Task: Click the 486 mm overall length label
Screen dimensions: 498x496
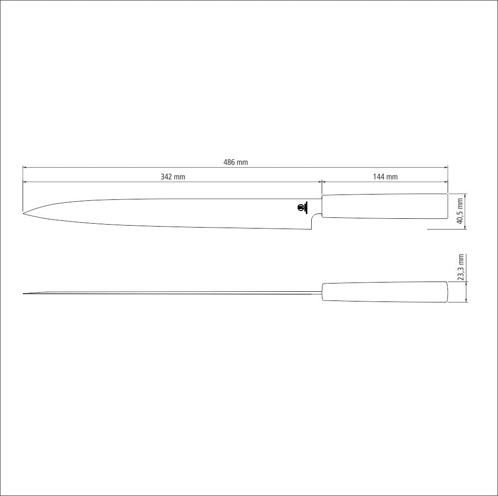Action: point(236,162)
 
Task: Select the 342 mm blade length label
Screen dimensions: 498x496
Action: point(173,177)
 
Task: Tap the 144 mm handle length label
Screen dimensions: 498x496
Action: point(385,177)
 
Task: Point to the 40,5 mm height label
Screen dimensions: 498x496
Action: point(460,211)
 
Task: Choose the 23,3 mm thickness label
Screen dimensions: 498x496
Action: point(461,267)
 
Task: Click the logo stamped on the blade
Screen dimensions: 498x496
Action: point(302,208)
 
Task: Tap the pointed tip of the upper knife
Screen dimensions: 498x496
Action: point(23,213)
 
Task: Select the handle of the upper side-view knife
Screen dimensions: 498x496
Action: point(385,206)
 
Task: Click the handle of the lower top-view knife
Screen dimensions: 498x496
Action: point(385,292)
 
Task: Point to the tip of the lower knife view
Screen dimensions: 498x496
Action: point(23,294)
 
